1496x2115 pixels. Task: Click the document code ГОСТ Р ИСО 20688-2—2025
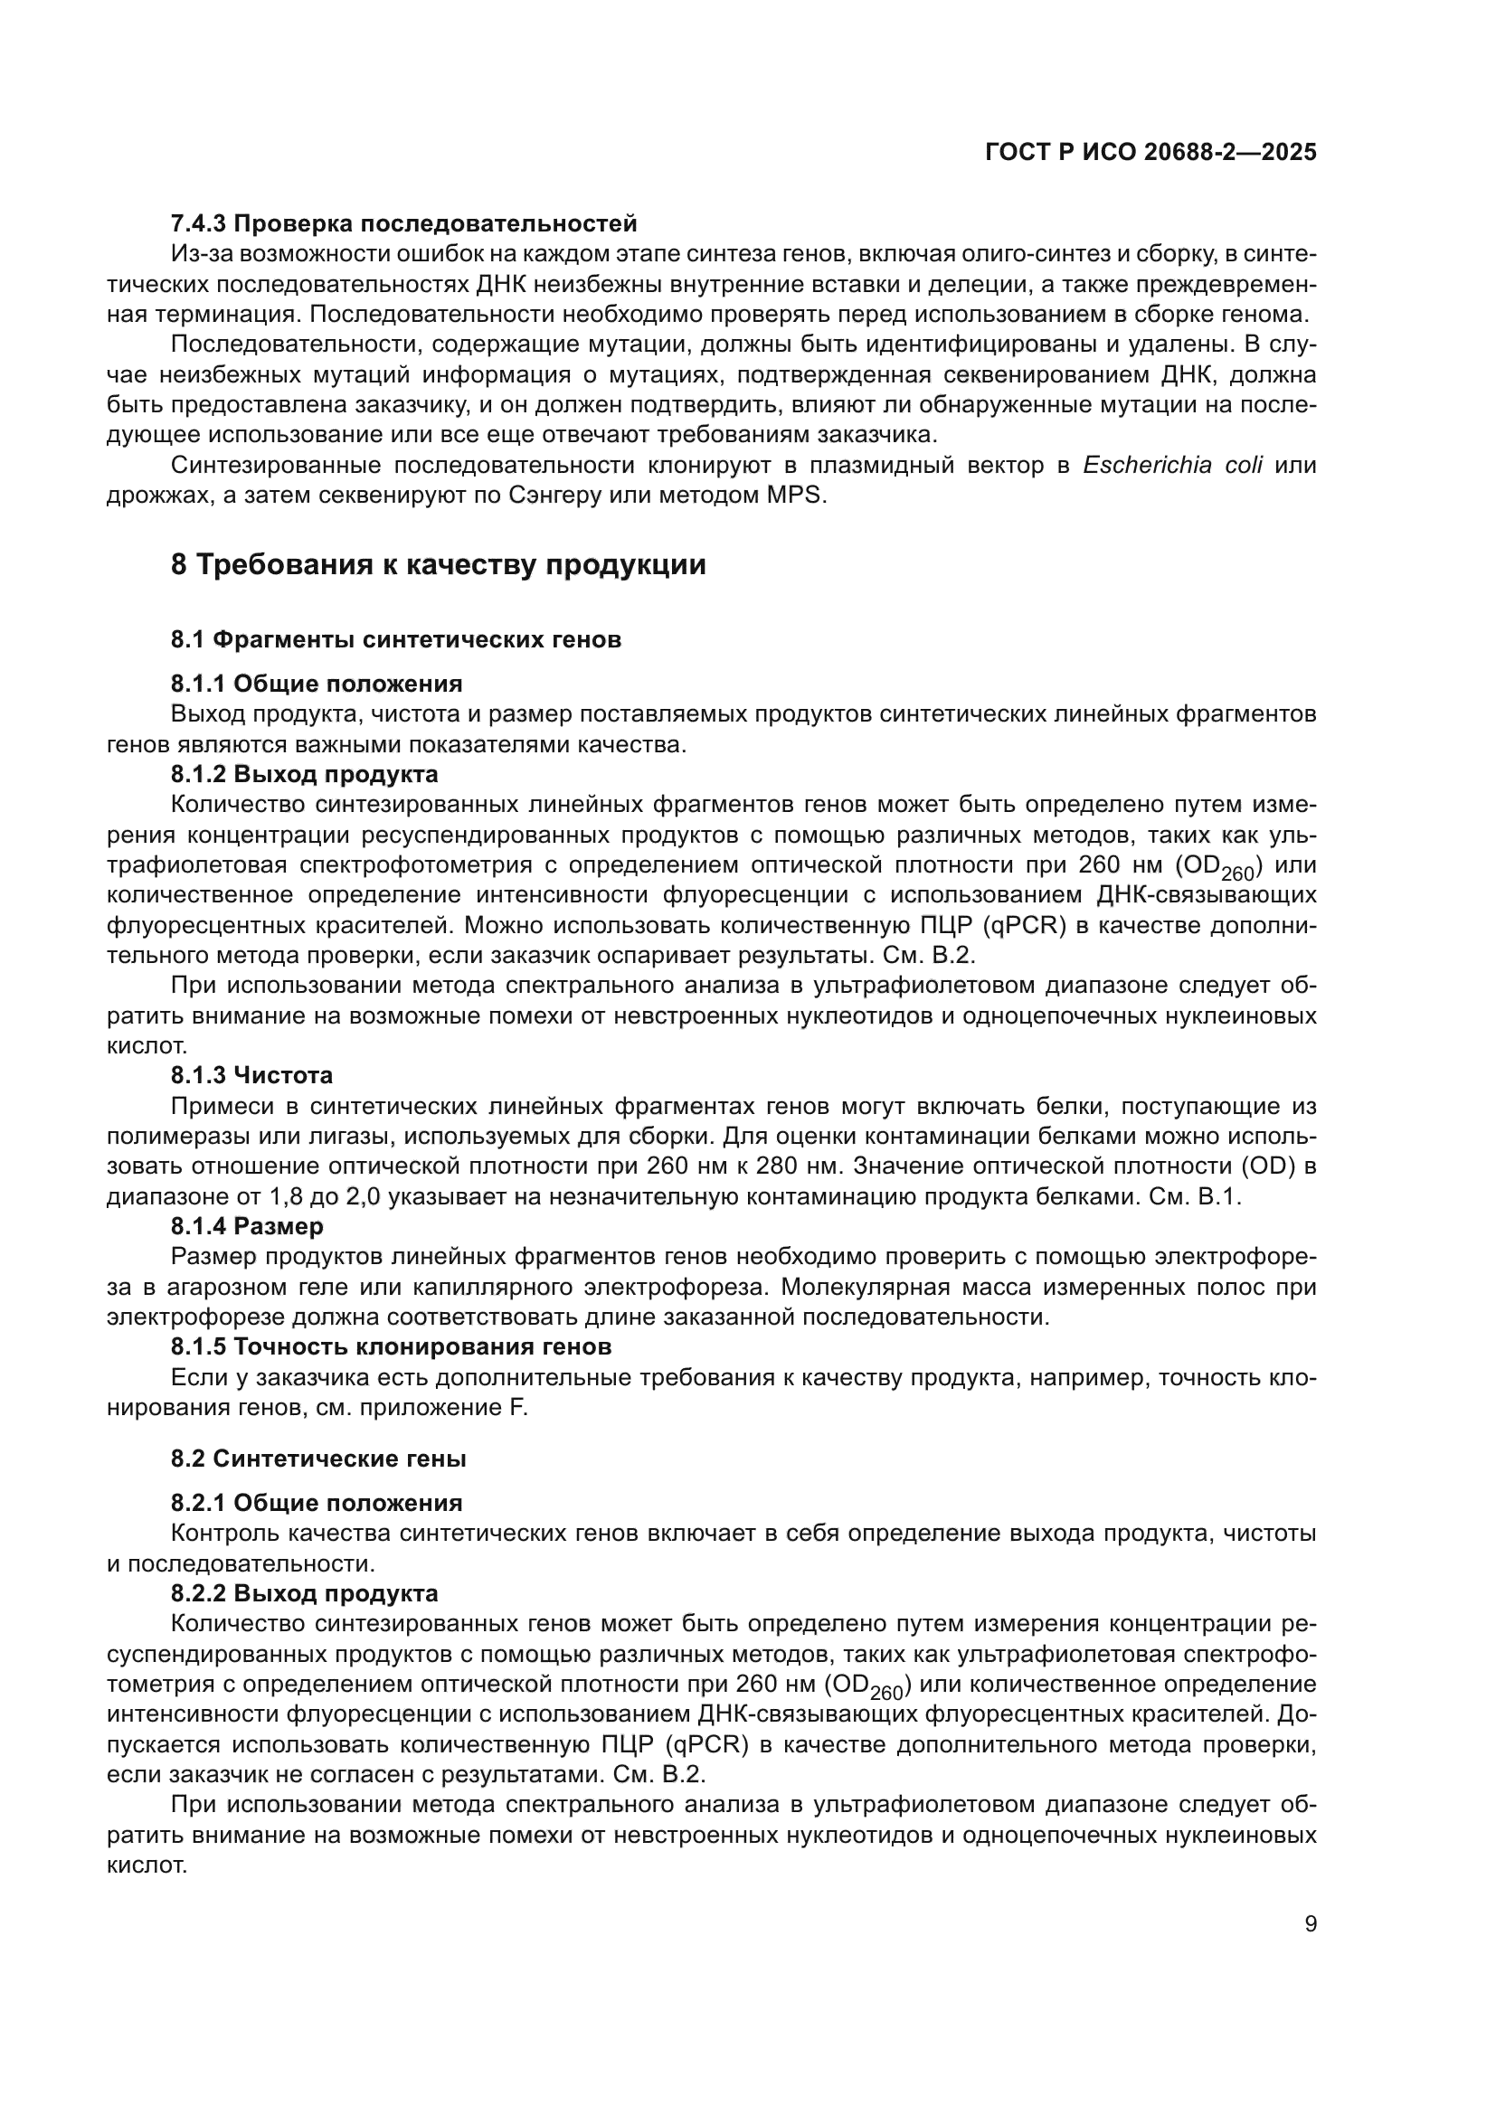click(1150, 153)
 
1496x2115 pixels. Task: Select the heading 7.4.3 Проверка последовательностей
click(403, 223)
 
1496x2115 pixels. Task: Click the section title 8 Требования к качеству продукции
click(439, 563)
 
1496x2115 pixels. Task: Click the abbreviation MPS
click(800, 496)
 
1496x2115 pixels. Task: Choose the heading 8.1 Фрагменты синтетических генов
click(395, 639)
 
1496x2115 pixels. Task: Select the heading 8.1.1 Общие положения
click(316, 684)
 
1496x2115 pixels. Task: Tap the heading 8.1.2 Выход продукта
click(304, 774)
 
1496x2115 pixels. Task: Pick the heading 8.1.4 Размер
click(247, 1226)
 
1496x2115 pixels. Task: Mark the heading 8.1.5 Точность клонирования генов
click(391, 1346)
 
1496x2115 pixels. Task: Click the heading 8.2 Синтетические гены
click(317, 1459)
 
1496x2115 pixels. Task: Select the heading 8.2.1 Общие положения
click(316, 1504)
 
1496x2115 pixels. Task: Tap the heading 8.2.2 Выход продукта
click(304, 1593)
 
